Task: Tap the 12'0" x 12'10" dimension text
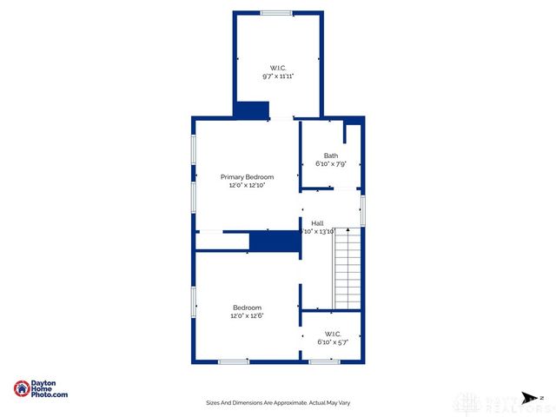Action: coord(247,185)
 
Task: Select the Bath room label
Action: coord(331,156)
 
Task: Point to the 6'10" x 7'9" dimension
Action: coord(331,163)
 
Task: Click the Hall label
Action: coord(318,223)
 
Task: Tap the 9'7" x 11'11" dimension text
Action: coord(278,76)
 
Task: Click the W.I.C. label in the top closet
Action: coord(278,68)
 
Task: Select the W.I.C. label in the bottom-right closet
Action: coord(333,334)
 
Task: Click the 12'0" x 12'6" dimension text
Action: coord(247,315)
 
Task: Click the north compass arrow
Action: coord(528,400)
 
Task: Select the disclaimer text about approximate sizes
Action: coord(278,403)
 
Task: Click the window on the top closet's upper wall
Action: coord(277,12)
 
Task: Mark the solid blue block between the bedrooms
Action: coord(275,242)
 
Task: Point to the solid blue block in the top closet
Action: coord(253,110)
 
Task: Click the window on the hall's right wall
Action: coord(362,210)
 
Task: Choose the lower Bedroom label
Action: coord(247,308)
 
